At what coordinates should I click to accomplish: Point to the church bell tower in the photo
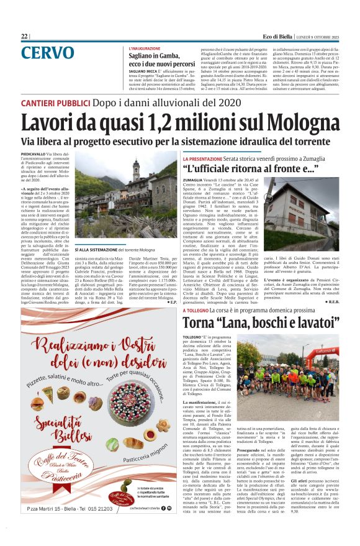pyautogui.click(x=136, y=172)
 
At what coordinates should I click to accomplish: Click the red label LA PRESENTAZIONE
pyautogui.click(x=205, y=160)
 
